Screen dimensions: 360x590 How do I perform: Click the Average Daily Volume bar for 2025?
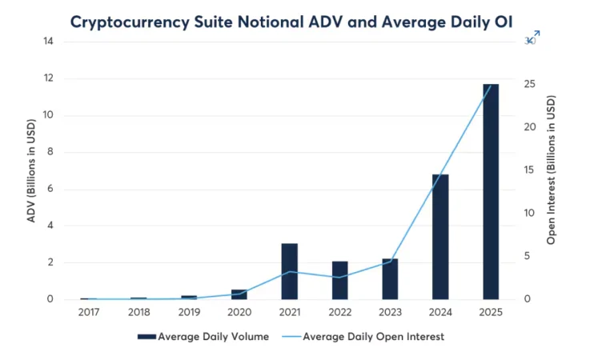coord(490,192)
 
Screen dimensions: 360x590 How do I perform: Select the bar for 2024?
coord(440,237)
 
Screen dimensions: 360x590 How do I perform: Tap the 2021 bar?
coord(290,271)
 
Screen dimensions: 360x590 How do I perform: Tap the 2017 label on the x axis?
coord(89,312)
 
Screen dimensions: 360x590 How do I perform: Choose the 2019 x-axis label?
coord(189,312)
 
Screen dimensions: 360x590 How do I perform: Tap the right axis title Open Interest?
coord(552,170)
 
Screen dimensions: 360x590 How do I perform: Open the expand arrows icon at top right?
coord(534,37)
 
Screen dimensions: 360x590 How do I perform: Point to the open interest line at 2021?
coord(290,272)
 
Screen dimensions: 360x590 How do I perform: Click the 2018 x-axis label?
coord(138,312)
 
